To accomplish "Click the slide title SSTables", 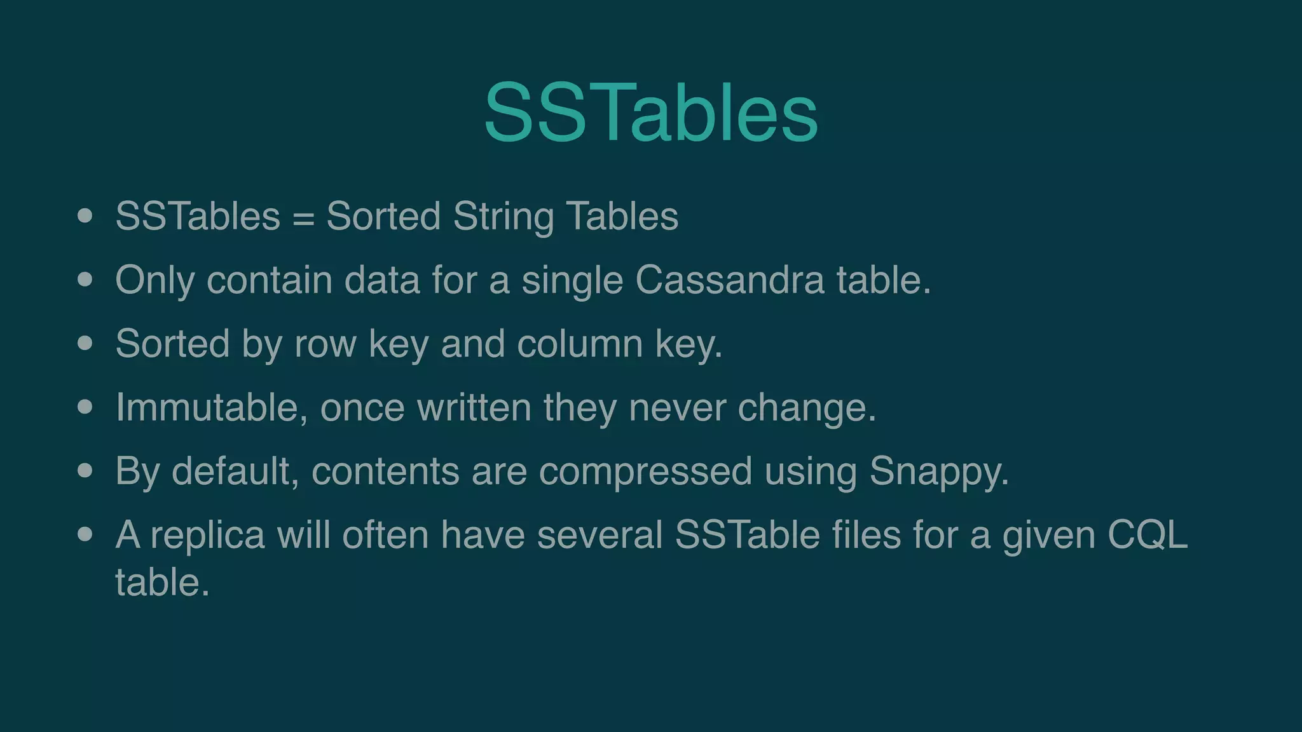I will (x=650, y=113).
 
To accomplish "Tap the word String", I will (x=503, y=217).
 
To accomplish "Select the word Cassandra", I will (x=729, y=280).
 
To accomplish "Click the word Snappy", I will (x=938, y=472).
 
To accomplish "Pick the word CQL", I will (x=1147, y=535).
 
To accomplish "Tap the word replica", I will (x=207, y=536).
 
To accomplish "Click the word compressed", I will (x=645, y=472).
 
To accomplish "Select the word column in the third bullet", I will (x=580, y=344).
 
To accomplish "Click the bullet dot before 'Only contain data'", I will (x=85, y=280).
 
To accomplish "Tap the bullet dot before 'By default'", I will (x=85, y=471).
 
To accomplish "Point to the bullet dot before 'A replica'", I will (x=85, y=534).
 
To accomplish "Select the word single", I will (x=572, y=281).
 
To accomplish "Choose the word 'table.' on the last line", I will (x=162, y=583).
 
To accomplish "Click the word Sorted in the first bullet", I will (x=383, y=217).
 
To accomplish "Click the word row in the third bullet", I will (x=325, y=344).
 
